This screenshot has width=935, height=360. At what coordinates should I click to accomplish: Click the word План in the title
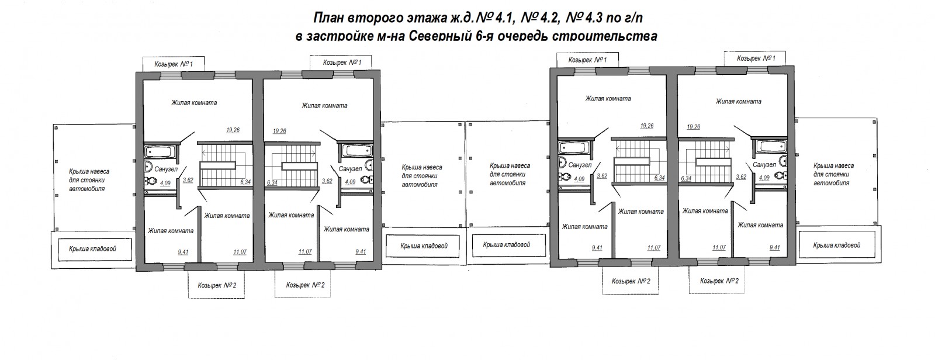click(328, 18)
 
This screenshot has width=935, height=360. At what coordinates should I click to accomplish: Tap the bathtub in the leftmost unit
click(159, 151)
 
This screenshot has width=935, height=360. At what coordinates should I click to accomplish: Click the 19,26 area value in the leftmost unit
click(233, 130)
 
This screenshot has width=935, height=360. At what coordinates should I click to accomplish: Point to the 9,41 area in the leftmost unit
click(183, 252)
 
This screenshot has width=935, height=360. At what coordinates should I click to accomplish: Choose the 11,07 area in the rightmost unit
click(719, 247)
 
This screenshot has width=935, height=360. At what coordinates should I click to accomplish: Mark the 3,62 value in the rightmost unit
click(741, 176)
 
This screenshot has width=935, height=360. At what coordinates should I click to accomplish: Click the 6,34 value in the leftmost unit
click(245, 182)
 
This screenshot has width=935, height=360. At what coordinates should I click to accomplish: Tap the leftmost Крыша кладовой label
click(92, 249)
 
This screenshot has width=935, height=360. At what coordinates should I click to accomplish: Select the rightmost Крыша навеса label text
click(834, 174)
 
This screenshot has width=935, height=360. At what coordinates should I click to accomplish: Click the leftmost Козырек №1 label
click(174, 64)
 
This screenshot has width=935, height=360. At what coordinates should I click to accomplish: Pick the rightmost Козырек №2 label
click(719, 281)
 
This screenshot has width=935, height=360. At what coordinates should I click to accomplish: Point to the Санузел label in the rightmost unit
click(764, 165)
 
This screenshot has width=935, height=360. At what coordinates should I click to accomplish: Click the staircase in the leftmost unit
click(226, 165)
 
